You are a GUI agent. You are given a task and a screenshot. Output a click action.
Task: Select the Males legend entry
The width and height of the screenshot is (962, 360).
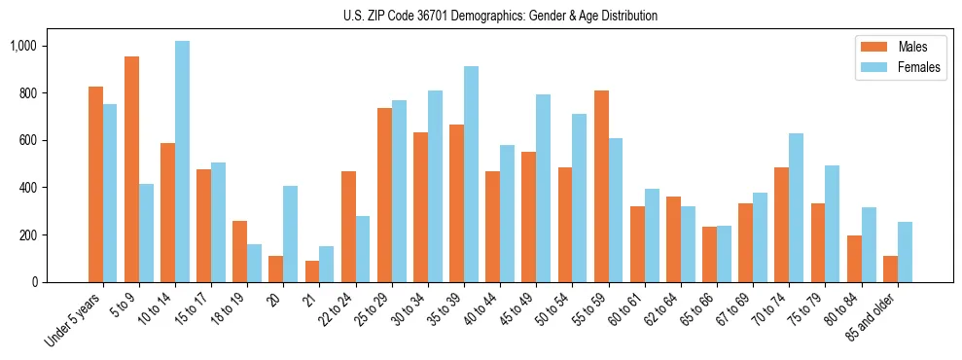click(906, 47)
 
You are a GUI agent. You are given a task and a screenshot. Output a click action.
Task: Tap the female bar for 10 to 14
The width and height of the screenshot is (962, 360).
click(182, 162)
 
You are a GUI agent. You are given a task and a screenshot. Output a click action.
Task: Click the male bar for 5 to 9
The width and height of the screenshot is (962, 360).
click(131, 169)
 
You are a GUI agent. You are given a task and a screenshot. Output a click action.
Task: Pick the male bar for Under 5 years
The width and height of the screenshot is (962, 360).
click(95, 184)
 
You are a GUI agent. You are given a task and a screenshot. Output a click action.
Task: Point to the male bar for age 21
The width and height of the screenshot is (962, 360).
click(312, 271)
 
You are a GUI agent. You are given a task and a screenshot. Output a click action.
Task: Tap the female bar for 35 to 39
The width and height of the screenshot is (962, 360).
click(471, 174)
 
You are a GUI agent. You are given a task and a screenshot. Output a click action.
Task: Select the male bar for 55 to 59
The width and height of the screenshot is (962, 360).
click(601, 186)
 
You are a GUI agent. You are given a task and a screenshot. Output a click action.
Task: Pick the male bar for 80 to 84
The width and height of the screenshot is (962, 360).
click(854, 259)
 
